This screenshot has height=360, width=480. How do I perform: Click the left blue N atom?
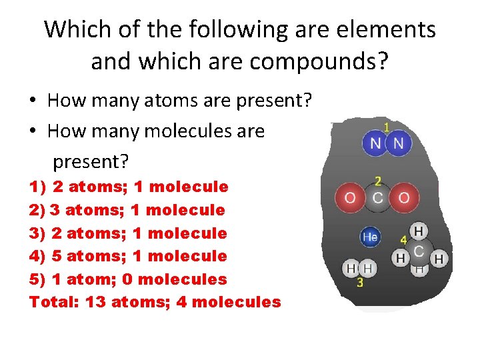375,143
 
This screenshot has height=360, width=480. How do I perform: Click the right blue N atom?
399,143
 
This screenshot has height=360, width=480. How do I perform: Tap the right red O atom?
404,197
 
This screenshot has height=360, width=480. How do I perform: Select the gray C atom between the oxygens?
377,197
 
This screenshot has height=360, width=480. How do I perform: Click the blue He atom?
370,237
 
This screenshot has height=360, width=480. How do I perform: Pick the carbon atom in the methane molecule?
419,251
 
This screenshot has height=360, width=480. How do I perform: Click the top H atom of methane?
419,231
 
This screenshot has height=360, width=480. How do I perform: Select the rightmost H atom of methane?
439,257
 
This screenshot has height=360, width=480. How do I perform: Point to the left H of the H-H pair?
351,268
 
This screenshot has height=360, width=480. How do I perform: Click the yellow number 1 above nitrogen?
387,125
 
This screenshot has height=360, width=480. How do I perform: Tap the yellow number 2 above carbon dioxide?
378,181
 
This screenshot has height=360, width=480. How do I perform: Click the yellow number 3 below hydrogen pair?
360,283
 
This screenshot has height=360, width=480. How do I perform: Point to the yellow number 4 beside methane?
403,239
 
